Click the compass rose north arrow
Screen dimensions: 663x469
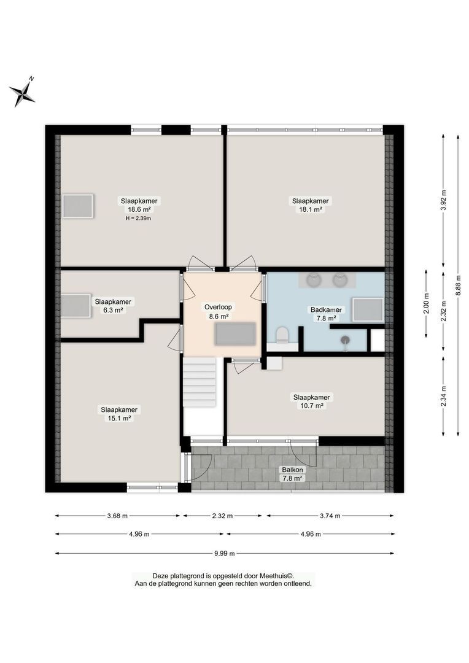tap(23, 93)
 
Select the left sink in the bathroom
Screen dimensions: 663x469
tap(314, 280)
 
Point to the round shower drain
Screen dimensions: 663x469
tap(346, 339)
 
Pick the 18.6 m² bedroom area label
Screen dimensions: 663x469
tap(139, 209)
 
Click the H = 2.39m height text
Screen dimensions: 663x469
tap(139, 218)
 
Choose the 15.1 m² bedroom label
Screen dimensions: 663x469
tap(120, 418)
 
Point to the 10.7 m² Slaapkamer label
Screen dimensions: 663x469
tap(311, 406)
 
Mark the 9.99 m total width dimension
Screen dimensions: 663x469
tap(225, 553)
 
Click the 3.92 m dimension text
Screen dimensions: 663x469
tap(443, 200)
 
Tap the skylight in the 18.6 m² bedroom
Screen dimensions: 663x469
tap(78, 206)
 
